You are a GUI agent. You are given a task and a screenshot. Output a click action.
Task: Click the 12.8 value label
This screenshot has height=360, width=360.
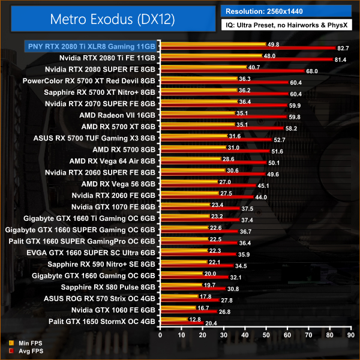(x=195, y=319)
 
